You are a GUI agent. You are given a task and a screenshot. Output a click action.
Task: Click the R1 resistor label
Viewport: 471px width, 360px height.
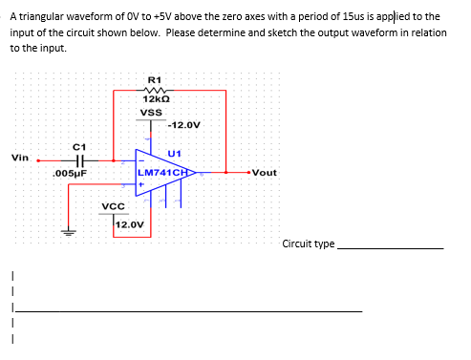pyautogui.click(x=156, y=78)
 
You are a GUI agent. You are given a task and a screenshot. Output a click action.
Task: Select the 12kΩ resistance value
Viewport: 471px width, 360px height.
pyautogui.click(x=156, y=100)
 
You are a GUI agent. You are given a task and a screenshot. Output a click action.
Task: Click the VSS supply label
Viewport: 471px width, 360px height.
pyautogui.click(x=151, y=113)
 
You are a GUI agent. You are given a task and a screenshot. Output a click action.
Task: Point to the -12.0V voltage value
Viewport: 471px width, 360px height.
pyautogui.click(x=183, y=125)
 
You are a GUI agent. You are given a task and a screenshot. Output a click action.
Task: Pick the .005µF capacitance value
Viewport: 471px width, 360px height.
pyautogui.click(x=71, y=174)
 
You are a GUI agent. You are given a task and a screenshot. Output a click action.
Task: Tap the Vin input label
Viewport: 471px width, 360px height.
pyautogui.click(x=20, y=158)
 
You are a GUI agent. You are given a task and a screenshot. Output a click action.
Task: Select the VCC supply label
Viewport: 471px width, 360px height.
pyautogui.click(x=114, y=206)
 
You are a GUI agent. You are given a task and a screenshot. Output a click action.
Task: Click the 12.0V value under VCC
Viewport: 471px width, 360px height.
pyautogui.click(x=129, y=225)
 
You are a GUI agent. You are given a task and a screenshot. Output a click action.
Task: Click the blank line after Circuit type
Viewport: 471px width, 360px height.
pyautogui.click(x=391, y=247)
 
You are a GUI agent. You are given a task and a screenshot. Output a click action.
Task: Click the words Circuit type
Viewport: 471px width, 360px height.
pyautogui.click(x=308, y=244)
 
